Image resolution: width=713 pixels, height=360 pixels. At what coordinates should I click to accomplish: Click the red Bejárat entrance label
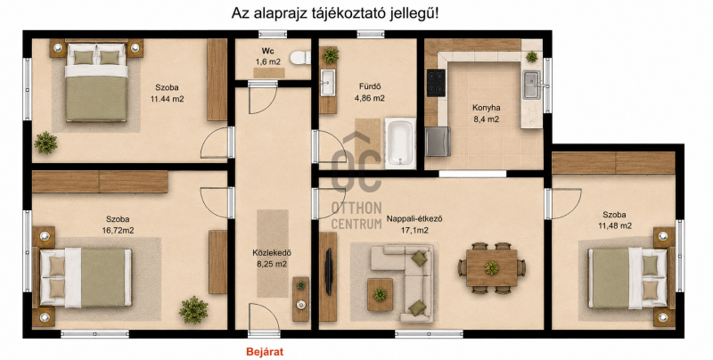(x=265, y=351)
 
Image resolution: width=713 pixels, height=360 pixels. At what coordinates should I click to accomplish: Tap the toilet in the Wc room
(x=301, y=57)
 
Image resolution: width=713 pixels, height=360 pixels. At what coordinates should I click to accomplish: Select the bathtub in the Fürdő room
(x=400, y=142)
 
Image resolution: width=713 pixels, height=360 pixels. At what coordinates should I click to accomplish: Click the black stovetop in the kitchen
(x=436, y=83)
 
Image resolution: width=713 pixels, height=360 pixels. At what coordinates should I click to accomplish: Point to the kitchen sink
(x=531, y=85)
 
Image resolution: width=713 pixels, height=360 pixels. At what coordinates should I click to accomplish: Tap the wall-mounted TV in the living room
(x=329, y=272)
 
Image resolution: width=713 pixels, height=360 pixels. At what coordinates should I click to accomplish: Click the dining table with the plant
(x=492, y=268)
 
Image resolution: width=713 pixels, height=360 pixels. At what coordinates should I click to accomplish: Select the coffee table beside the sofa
(x=381, y=295)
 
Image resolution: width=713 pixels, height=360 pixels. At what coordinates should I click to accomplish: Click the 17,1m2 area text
(x=414, y=231)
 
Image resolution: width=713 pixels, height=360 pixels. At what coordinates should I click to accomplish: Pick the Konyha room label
(x=486, y=108)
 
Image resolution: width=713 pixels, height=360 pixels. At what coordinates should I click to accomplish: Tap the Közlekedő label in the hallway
(x=272, y=253)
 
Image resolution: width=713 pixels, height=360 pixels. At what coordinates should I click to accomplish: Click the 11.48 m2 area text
(x=614, y=225)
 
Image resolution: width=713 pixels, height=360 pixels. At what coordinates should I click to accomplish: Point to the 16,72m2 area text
(x=118, y=231)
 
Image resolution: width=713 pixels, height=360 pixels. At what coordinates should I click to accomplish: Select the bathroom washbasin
(x=327, y=83)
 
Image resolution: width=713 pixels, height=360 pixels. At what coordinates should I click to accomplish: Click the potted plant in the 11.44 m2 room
(x=46, y=143)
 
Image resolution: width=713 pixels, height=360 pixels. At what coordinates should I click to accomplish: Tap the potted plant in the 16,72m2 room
(x=193, y=310)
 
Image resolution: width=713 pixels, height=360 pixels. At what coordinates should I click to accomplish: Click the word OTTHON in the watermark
(x=356, y=209)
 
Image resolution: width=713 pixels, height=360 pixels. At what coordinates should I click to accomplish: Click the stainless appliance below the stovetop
(x=438, y=142)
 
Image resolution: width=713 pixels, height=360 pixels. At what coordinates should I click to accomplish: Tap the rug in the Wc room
(x=269, y=73)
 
